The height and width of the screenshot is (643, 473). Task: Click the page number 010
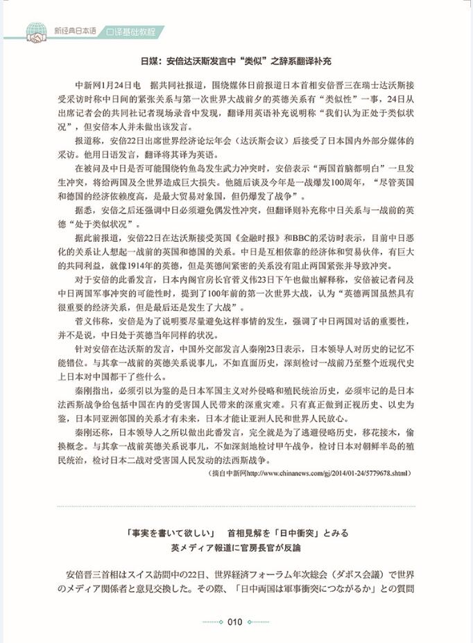pyautogui.click(x=234, y=622)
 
